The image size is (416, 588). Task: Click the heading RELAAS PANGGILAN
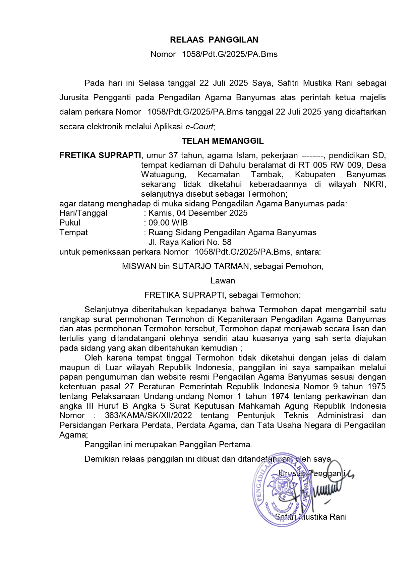point(214,40)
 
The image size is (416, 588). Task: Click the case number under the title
point(230,54)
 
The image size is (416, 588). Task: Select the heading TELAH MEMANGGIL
point(223,141)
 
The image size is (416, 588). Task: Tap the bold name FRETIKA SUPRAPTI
point(100,155)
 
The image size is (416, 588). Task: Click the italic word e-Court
point(199,127)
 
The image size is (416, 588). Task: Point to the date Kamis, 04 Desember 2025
point(198,213)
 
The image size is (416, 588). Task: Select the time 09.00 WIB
point(168,223)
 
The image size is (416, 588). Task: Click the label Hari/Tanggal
point(83,213)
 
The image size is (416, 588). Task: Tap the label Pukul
point(70,223)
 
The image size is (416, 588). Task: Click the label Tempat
point(73,233)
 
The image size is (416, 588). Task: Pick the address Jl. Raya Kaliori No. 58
point(190,242)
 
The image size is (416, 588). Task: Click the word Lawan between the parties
point(223,281)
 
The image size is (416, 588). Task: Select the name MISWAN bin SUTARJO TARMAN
point(186,266)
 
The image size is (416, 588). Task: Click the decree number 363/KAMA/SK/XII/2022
point(148,415)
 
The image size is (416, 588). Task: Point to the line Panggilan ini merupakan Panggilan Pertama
point(168,445)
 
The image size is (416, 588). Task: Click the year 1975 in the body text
point(376,387)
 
